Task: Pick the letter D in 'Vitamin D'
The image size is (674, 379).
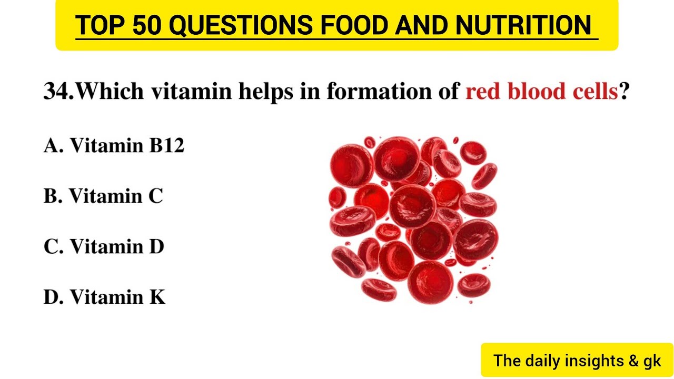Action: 156,247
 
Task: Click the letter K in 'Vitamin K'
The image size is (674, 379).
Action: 157,297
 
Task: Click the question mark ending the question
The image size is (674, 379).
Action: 625,92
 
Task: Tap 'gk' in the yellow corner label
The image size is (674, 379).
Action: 651,362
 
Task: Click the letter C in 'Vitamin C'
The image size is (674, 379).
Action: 155,196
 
